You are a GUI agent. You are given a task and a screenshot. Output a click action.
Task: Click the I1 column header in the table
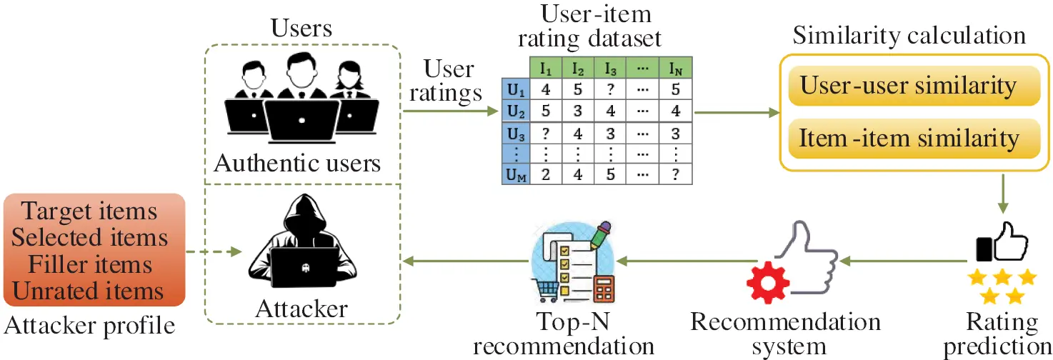pos(547,69)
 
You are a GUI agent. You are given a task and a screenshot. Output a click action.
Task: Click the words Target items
pos(90,212)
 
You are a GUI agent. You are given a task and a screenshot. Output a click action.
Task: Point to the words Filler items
pos(90,265)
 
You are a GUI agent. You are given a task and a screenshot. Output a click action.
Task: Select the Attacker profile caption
pos(89,326)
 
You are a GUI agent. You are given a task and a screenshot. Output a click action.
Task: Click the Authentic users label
pos(298,164)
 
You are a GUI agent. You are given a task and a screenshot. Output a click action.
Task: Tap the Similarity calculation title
pos(909,35)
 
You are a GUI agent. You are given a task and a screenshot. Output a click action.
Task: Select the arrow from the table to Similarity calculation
pos(736,112)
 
